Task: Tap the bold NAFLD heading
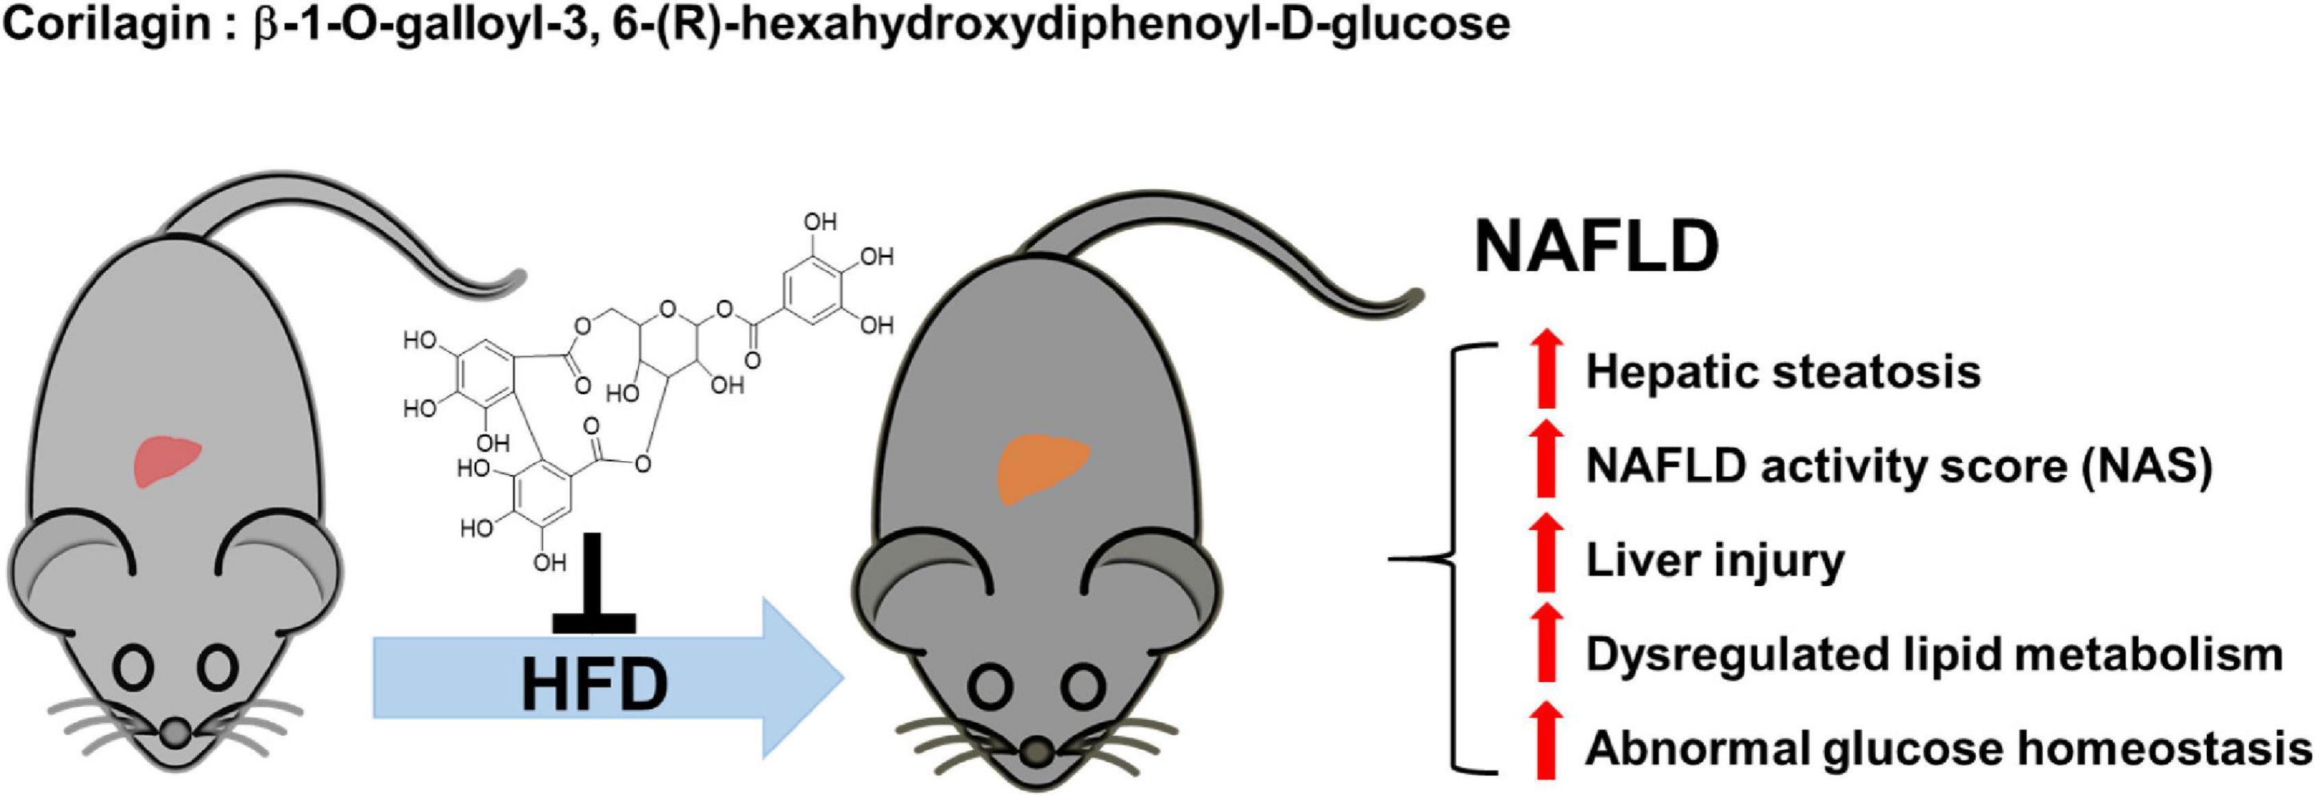1596,247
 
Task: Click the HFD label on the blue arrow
595,685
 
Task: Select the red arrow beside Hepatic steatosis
1546,370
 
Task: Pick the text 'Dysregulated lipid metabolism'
1934,654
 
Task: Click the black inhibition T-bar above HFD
594,585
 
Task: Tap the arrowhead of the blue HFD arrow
800,677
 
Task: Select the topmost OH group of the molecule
819,221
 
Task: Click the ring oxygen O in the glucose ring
667,311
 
